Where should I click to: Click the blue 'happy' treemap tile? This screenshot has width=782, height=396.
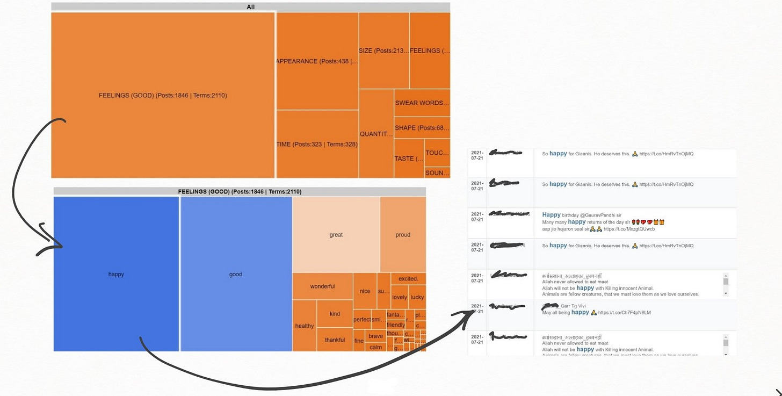[116, 274]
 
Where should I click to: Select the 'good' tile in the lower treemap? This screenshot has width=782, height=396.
[236, 274]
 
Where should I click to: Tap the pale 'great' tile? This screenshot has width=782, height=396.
[336, 234]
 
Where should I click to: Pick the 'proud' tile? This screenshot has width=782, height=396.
[403, 234]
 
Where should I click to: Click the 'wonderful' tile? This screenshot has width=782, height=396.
[322, 286]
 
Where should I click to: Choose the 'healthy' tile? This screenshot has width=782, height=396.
[304, 326]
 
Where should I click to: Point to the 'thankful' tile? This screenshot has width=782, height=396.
[335, 340]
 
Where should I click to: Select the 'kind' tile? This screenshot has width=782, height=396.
[335, 314]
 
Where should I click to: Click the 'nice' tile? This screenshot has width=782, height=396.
[365, 291]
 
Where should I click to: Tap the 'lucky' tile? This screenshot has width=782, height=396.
[417, 297]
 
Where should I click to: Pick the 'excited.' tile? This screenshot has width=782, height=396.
[408, 279]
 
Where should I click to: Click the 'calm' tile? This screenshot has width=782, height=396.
[376, 347]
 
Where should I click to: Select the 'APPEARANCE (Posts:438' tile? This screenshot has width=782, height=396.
[317, 61]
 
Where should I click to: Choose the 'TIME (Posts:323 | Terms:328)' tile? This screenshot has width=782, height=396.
[317, 144]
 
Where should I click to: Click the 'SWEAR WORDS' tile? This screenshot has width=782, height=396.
[422, 103]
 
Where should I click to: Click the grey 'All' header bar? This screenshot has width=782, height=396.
[251, 7]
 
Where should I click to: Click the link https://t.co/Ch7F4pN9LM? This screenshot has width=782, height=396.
[624, 313]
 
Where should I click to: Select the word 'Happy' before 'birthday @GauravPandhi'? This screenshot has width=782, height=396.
[551, 215]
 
